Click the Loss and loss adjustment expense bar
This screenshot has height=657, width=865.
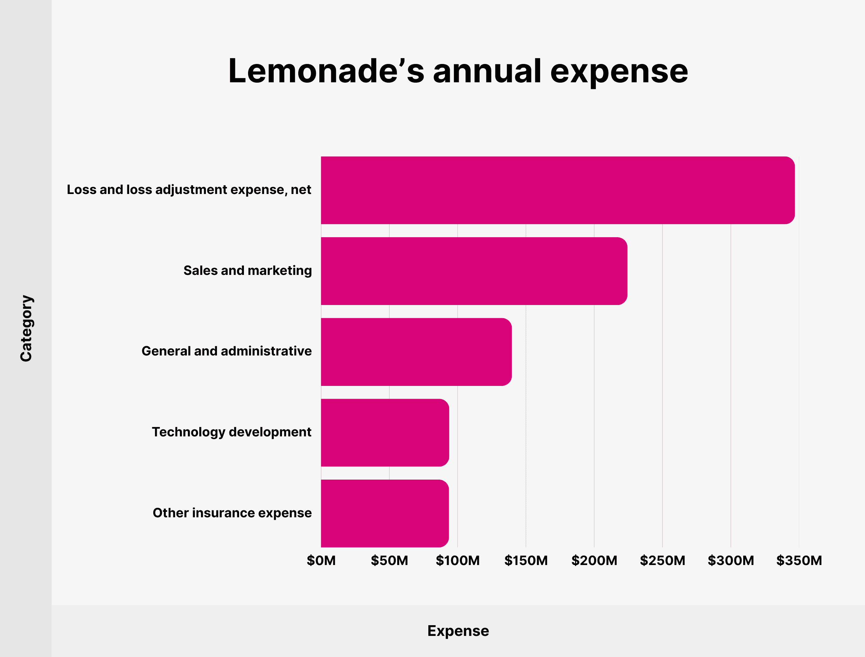[557, 190]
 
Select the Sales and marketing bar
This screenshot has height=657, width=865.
[474, 271]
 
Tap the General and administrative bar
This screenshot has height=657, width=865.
[416, 352]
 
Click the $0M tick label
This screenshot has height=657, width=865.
[321, 561]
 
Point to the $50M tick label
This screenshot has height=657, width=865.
[389, 561]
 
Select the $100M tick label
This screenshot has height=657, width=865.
[458, 561]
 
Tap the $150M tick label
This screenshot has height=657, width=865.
[526, 561]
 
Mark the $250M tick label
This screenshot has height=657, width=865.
[662, 561]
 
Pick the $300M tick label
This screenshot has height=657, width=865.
[731, 561]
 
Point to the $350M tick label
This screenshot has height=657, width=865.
[799, 561]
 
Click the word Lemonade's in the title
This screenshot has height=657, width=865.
[326, 71]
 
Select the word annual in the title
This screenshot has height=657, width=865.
[487, 71]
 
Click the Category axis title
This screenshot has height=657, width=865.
[26, 328]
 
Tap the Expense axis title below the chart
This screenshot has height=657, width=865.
[458, 631]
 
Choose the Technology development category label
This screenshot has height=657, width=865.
[231, 432]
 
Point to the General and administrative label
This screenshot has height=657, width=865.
[227, 351]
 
